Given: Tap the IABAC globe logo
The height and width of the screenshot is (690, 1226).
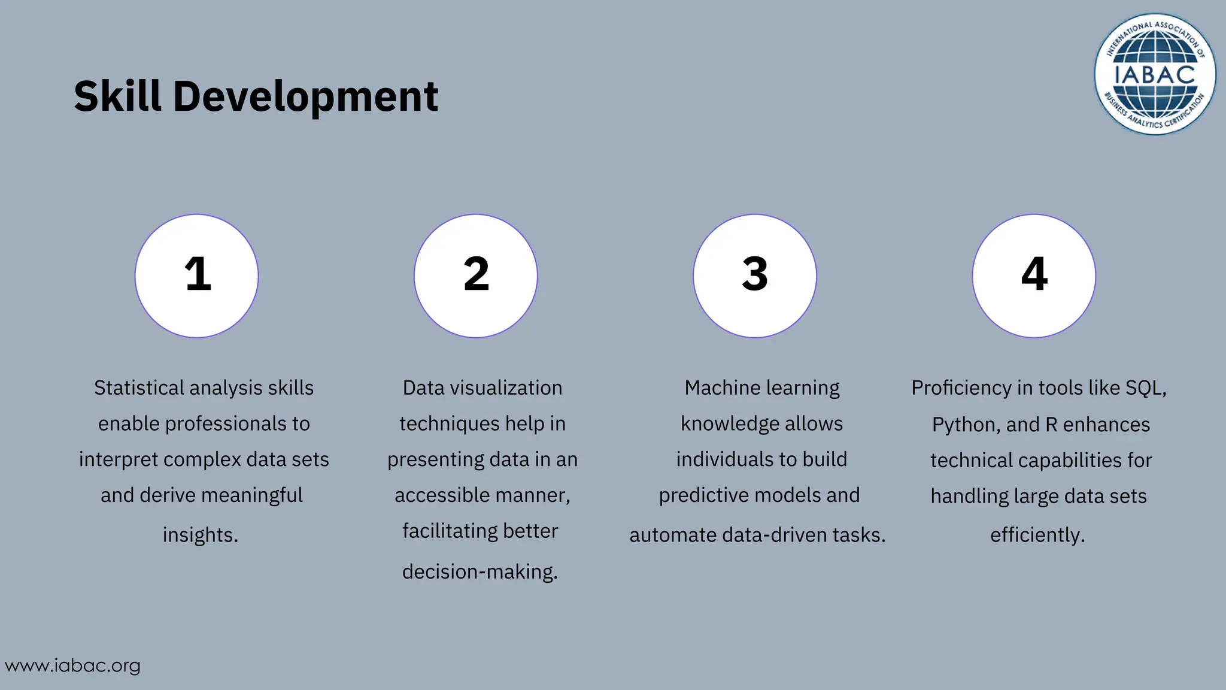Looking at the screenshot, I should tap(1155, 74).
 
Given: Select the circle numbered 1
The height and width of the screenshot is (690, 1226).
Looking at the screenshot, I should tap(197, 276).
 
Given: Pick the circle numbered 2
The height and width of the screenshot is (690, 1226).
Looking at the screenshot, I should tap(476, 276).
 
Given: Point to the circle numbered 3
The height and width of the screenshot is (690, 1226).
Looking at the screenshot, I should tap(755, 276).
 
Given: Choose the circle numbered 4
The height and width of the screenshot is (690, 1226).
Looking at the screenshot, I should tap(1034, 276).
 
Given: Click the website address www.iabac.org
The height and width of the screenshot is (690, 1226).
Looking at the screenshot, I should tap(72, 665).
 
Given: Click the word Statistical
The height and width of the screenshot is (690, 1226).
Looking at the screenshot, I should tap(139, 388).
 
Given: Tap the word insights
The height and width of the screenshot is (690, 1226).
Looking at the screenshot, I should tap(201, 535).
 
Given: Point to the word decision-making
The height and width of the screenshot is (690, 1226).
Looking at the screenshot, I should tap(480, 572).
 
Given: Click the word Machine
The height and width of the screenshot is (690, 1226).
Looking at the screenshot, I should tap(715, 388).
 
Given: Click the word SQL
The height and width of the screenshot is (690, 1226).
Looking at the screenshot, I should tap(1145, 389).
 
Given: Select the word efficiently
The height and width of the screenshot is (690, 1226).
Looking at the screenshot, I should tap(1037, 535).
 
